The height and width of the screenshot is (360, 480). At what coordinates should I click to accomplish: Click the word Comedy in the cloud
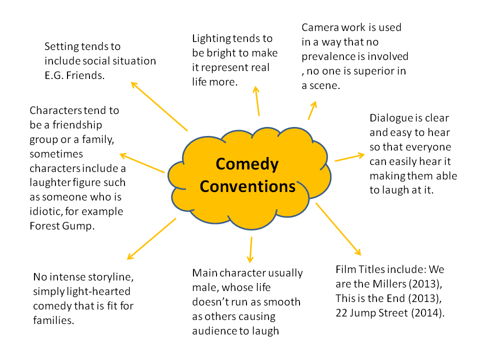coord(247,164)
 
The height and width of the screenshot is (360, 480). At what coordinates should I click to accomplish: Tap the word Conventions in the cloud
coord(247,186)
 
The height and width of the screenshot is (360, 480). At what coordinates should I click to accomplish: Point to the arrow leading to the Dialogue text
coord(350,157)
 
